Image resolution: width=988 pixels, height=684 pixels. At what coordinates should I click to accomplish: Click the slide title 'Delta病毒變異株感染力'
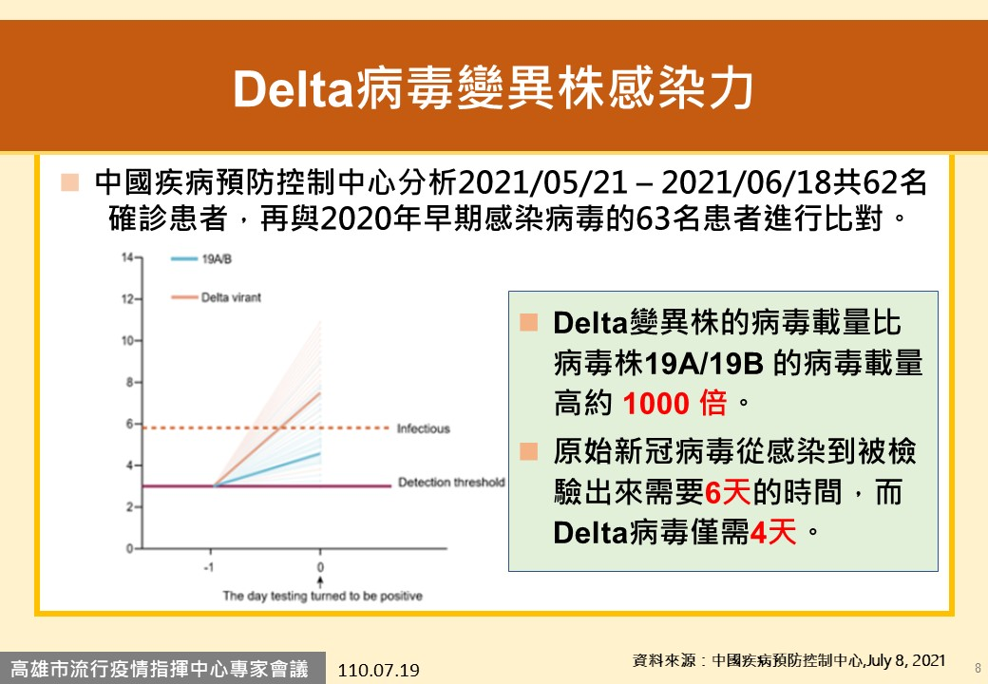(493, 88)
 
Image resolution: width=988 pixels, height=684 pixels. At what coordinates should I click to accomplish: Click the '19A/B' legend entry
(217, 258)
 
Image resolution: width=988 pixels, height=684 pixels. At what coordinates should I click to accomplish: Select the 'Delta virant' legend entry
(231, 297)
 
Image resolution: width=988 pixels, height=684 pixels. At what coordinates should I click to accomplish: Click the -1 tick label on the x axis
(209, 567)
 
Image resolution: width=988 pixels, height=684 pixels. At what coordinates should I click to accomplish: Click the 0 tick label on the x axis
(320, 567)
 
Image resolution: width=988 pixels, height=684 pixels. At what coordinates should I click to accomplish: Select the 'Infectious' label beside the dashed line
(424, 428)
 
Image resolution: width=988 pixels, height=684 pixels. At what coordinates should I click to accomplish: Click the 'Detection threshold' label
(451, 483)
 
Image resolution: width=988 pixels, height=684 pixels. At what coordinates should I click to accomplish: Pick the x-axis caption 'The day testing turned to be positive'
(323, 596)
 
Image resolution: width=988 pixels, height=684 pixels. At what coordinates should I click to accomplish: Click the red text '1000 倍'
(674, 403)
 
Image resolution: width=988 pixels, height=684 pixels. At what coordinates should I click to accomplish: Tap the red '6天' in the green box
(727, 492)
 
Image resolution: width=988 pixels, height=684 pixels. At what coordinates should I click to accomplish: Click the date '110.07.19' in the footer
(378, 670)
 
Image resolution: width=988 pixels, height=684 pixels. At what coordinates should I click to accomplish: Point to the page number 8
(978, 668)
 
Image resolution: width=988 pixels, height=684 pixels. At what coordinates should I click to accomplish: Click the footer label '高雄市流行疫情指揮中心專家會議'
(160, 668)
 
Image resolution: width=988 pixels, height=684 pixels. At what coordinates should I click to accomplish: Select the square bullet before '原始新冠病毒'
(528, 451)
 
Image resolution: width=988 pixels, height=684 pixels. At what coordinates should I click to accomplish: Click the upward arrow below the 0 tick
(320, 581)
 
